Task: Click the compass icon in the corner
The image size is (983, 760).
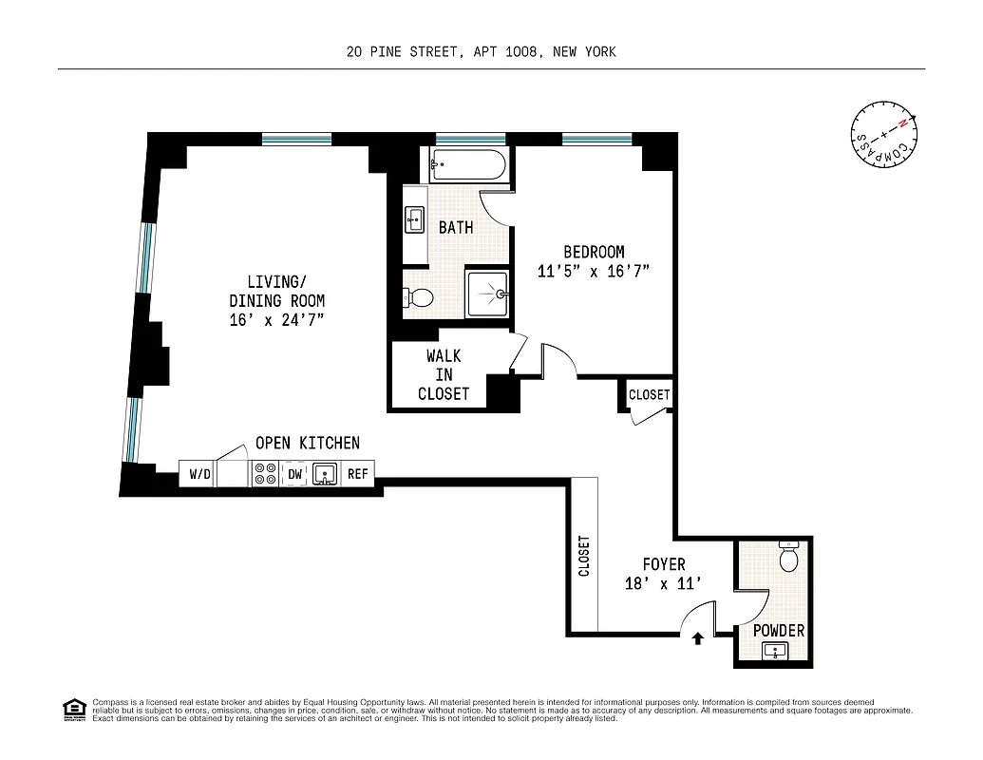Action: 883,134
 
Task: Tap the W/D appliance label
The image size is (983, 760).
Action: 199,473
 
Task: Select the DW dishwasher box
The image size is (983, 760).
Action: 294,473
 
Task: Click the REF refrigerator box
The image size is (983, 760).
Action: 357,473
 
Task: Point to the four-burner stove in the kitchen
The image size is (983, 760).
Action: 264,473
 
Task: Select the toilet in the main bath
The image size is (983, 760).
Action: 418,297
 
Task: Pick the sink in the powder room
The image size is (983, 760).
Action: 776,651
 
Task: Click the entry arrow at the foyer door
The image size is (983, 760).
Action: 698,639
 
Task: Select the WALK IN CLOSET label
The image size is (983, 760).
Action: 444,374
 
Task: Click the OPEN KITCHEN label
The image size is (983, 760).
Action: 307,443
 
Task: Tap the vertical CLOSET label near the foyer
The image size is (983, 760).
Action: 583,556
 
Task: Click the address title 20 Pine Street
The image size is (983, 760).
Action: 481,51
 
